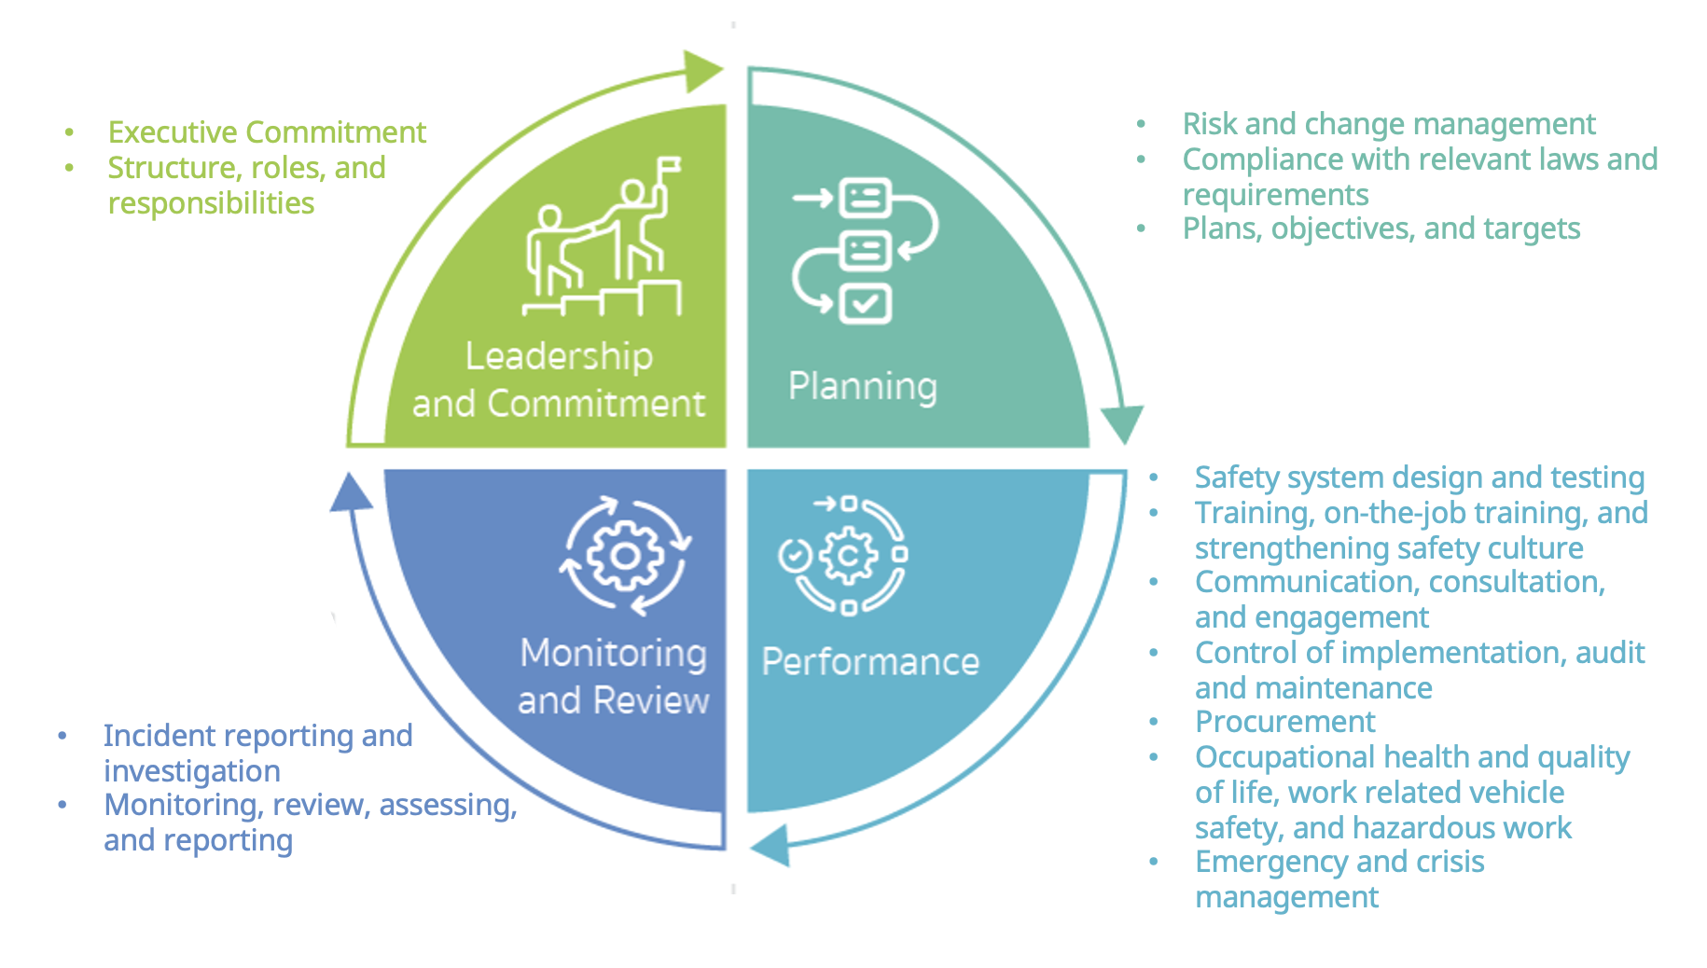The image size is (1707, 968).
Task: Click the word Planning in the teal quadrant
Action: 862,386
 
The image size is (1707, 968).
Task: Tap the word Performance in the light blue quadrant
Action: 870,662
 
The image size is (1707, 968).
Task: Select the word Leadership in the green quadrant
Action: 559,356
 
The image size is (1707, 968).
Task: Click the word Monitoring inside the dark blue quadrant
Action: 613,654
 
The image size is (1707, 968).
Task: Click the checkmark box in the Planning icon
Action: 866,304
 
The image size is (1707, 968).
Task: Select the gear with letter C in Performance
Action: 848,557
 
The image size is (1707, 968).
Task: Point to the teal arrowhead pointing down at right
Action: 1121,424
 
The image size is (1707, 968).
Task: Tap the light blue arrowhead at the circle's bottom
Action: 770,845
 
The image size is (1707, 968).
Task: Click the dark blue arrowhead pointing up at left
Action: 351,492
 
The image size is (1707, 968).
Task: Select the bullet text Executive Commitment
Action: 267,132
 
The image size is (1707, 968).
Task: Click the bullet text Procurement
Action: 1284,722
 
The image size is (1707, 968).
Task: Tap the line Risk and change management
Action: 1388,124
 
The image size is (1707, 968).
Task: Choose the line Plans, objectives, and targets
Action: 1381,228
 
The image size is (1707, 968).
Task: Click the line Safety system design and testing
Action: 1419,477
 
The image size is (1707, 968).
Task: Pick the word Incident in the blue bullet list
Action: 160,736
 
